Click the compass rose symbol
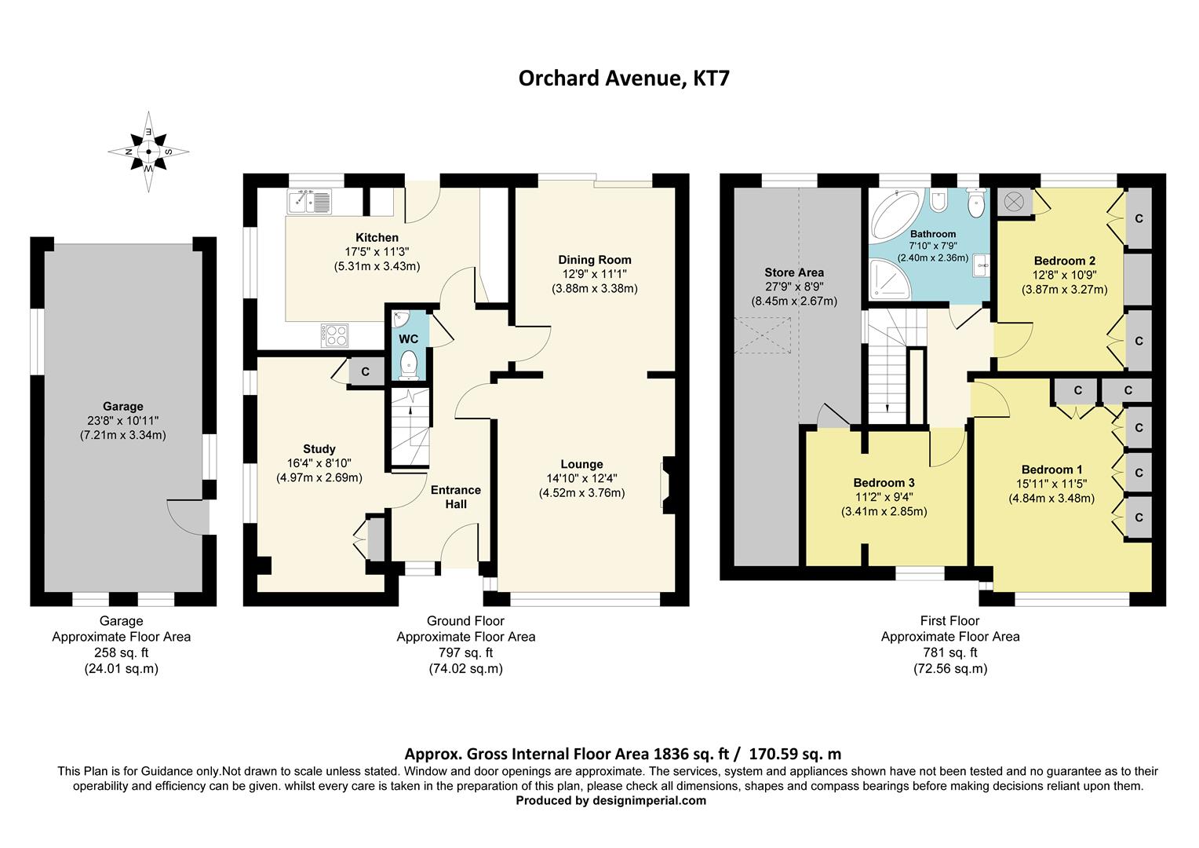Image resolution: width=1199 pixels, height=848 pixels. coord(148,152)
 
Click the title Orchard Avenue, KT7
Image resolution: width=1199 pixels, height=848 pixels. coord(624,79)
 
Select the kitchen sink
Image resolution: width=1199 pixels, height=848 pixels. coord(311,202)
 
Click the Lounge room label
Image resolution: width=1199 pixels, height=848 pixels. coord(581,464)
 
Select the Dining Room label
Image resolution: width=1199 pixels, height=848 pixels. coord(594,260)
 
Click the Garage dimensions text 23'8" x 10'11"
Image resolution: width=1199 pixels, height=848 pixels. coord(122,420)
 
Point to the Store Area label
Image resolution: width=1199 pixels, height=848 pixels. coord(794,272)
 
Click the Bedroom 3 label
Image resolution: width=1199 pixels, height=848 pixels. coord(884,483)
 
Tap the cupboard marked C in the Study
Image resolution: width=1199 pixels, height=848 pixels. coord(366,371)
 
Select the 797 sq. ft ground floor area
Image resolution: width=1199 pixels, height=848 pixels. coord(465,652)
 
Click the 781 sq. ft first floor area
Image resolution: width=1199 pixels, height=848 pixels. coord(950,652)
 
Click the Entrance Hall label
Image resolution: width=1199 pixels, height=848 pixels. coord(456,496)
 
